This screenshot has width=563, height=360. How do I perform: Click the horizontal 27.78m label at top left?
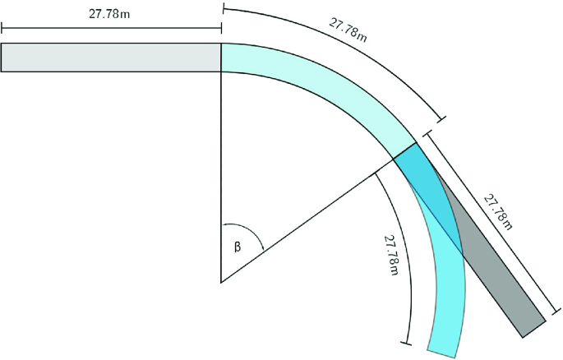pyautogui.click(x=111, y=15)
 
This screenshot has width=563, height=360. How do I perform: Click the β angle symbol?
pyautogui.click(x=238, y=244)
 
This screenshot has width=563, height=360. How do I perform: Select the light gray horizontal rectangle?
pyautogui.click(x=111, y=57)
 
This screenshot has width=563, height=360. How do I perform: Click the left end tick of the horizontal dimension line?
pyautogui.click(x=2, y=31)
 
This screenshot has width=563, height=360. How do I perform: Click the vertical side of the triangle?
pyautogui.click(x=221, y=181)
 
